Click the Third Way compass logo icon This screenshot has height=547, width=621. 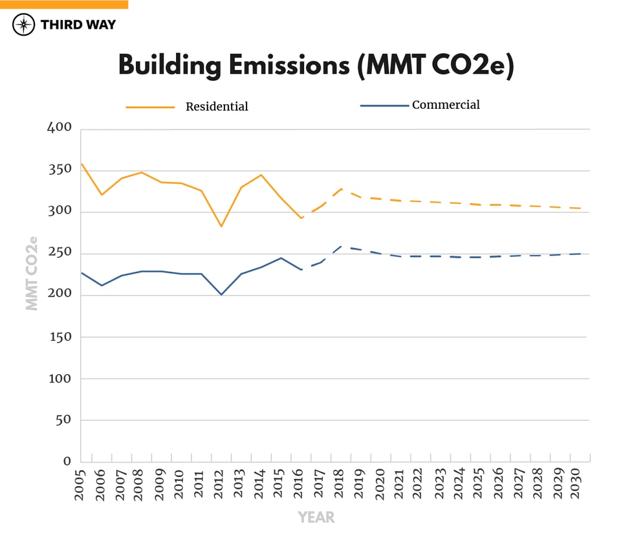23,25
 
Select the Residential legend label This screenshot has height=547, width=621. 217,107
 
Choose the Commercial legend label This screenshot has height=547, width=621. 446,105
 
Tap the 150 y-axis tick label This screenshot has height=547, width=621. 60,337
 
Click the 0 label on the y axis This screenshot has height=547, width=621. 67,462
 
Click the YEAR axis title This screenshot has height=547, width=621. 316,517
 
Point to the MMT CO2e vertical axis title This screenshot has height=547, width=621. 32,273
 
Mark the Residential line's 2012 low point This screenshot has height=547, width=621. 221,226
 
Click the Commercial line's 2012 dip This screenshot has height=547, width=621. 221,295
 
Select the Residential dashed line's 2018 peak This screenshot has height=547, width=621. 341,189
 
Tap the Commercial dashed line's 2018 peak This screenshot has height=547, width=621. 341,247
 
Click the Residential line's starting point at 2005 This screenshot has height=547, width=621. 81,164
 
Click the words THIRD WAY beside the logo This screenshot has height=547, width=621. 78,25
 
